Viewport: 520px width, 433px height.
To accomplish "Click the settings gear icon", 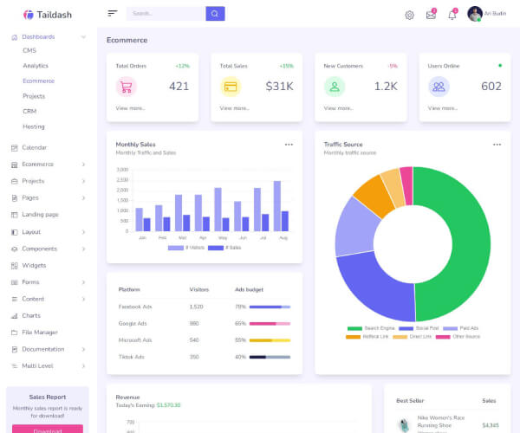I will coord(409,15).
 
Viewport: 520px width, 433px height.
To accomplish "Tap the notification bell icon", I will coord(452,15).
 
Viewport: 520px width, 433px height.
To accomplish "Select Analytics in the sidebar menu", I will coord(36,66).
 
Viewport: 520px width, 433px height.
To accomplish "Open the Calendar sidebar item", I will coord(35,147).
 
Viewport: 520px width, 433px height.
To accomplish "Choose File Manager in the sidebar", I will coord(40,332).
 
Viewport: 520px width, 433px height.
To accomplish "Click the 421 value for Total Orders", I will coord(179,86).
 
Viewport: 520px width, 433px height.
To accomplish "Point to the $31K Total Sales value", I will coord(279,86).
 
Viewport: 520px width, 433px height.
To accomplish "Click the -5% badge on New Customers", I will coord(392,66).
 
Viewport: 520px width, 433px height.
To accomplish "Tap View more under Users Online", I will coord(442,108).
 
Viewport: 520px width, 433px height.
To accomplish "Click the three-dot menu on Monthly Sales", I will coord(289,145).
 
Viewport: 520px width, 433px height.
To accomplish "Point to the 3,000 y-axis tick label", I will coord(122,170).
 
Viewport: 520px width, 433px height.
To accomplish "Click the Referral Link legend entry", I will coord(374,336).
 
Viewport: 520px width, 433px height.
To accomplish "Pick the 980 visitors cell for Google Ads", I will coord(194,323).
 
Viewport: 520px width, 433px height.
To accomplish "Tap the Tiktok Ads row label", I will coord(133,357).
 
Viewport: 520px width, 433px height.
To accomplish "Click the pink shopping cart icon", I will coord(127,87).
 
